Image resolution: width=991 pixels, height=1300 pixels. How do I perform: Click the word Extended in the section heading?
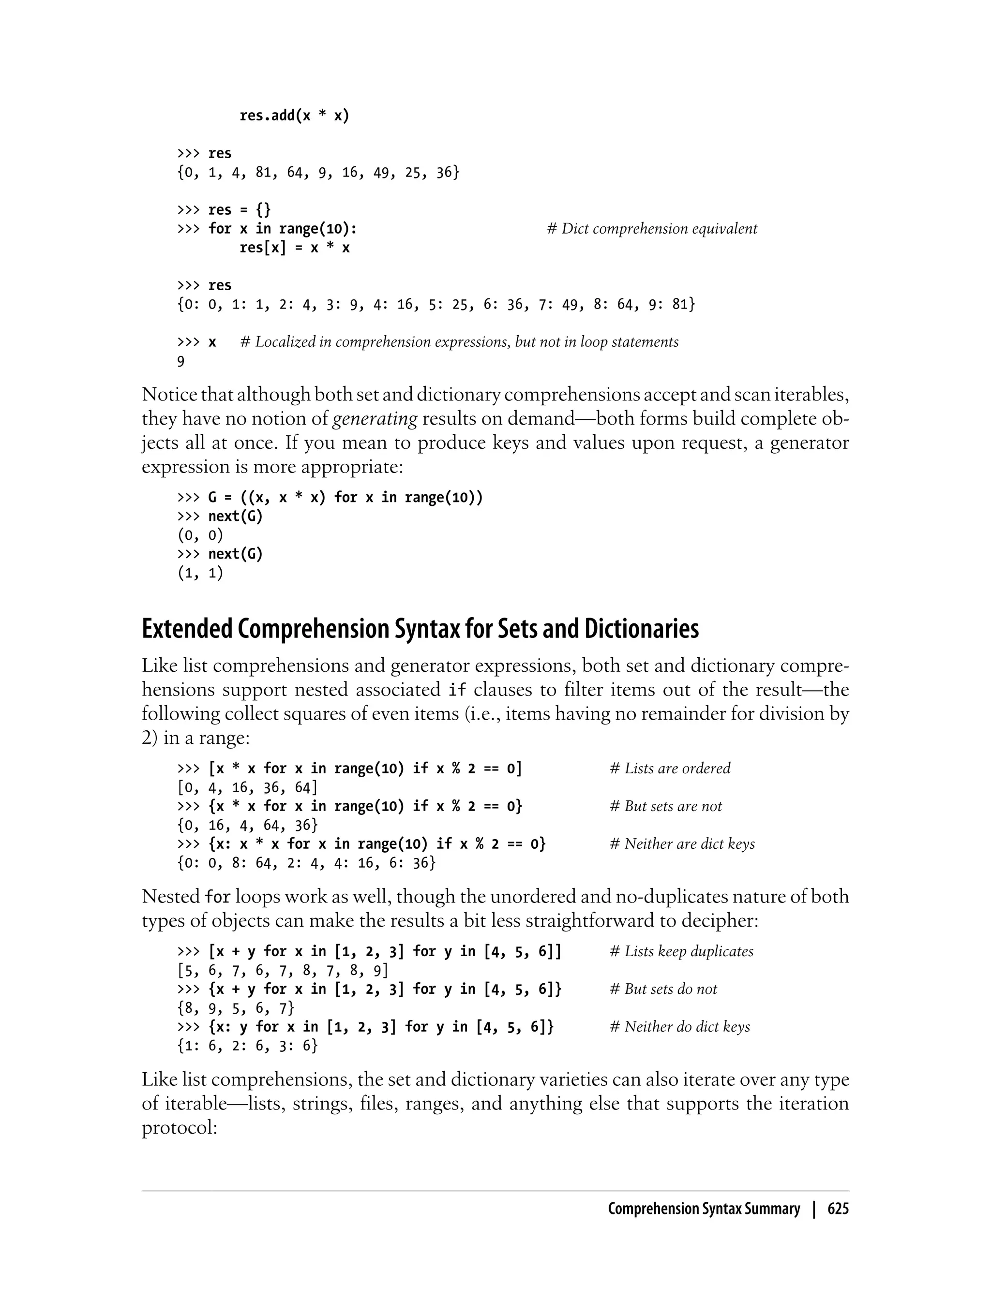point(187,629)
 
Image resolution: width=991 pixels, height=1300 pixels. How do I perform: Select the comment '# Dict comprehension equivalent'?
point(652,229)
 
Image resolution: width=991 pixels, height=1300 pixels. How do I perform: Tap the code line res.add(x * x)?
point(294,116)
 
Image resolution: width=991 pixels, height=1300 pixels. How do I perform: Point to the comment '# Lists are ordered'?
point(670,768)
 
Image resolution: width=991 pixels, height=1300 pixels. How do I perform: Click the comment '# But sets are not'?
point(665,806)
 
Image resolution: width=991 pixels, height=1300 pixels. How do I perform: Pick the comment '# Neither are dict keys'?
point(682,843)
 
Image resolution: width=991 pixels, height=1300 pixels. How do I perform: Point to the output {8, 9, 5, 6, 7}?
point(235,1008)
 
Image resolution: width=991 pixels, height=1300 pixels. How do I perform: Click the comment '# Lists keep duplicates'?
point(681,951)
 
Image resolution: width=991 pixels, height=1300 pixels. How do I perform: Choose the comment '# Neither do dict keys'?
point(679,1026)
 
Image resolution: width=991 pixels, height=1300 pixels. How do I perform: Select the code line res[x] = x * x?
point(294,248)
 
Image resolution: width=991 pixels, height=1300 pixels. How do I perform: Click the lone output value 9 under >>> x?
point(181,361)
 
